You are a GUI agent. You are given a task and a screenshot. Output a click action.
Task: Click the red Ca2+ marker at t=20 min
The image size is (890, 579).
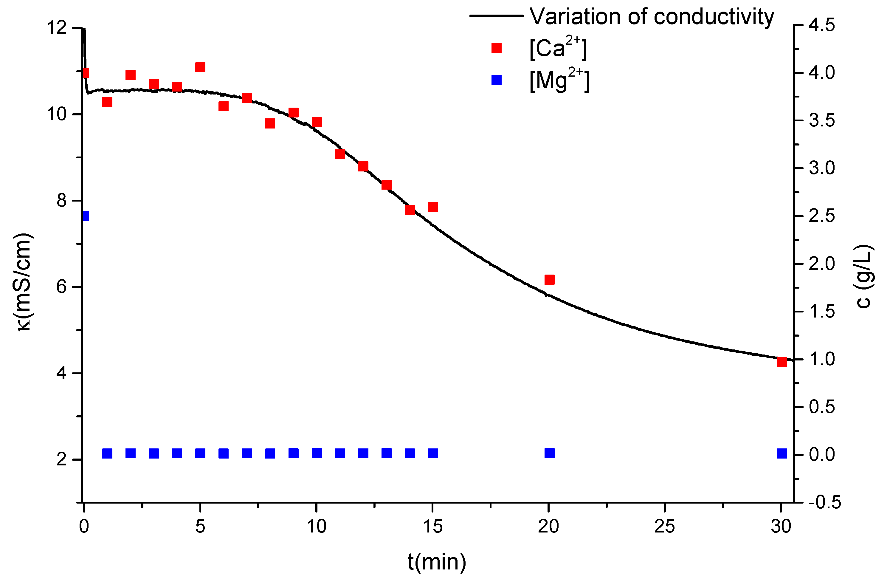tap(549, 279)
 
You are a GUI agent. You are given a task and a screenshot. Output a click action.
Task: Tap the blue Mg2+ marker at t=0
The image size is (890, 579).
tap(86, 216)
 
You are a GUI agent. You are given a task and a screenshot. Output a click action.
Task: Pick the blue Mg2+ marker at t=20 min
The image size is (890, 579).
tap(549, 453)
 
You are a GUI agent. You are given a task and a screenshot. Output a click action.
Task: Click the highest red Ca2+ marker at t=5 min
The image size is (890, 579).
tap(200, 67)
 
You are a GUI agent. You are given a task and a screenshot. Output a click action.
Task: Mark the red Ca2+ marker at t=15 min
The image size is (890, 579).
tap(433, 207)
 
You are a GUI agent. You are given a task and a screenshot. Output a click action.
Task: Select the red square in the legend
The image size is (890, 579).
tap(496, 48)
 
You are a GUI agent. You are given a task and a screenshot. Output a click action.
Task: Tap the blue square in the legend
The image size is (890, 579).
tap(496, 80)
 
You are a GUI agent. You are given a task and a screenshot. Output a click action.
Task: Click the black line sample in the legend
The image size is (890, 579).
tap(496, 16)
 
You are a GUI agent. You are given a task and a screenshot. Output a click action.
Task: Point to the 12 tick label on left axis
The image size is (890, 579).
tap(56, 28)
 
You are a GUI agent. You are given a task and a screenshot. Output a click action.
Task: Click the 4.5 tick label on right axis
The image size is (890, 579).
tap(821, 25)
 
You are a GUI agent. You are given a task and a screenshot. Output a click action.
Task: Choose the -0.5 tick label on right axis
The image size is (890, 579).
tap(824, 502)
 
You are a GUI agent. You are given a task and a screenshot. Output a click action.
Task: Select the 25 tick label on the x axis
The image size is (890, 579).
tap(664, 527)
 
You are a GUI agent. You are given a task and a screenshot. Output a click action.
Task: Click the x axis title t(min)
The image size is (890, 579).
tap(437, 561)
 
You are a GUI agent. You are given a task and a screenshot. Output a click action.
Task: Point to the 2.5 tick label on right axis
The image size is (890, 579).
tap(821, 216)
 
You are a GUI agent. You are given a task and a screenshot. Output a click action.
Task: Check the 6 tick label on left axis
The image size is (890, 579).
tap(62, 287)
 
